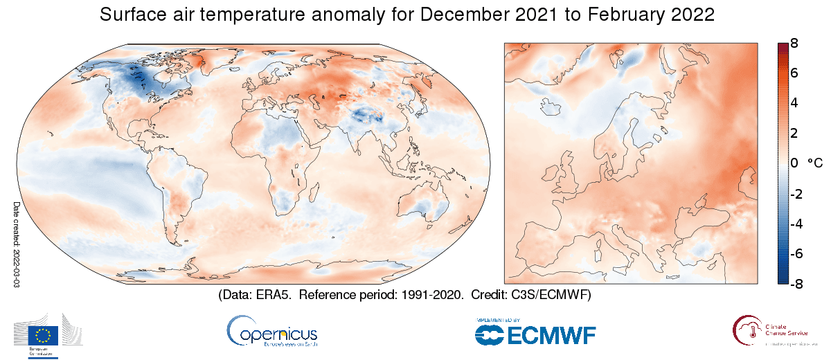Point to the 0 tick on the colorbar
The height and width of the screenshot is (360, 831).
pos(795,163)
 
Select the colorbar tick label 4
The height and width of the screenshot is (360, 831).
pos(795,103)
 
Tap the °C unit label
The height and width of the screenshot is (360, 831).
pos(814,163)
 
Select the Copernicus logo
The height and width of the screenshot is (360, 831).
pos(271,332)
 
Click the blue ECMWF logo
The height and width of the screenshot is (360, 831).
pos(535,335)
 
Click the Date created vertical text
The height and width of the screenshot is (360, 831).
pos(17,242)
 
